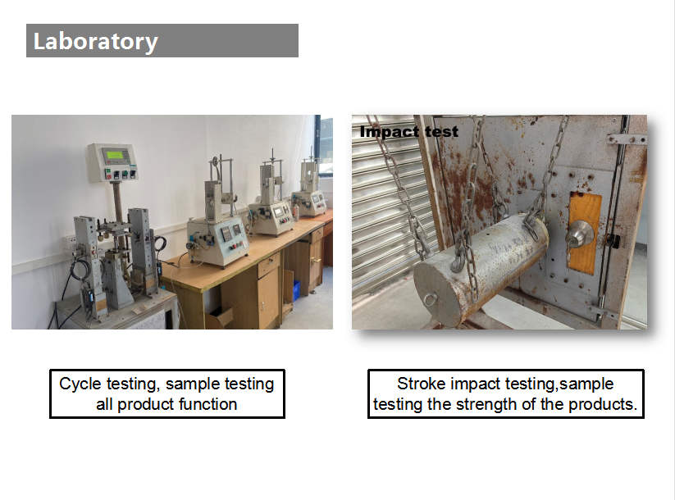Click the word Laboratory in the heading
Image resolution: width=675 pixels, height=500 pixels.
click(96, 42)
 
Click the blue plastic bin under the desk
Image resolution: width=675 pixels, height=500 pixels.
click(296, 291)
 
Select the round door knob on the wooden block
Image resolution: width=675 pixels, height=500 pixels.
click(579, 234)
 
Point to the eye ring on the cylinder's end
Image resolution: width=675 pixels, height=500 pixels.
click(429, 299)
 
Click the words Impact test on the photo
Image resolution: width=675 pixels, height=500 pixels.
click(408, 131)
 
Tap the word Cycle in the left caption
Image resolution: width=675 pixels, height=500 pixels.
click(80, 384)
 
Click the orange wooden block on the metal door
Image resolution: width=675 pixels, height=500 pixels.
click(585, 233)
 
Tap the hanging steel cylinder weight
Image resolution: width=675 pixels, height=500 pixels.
click(481, 269)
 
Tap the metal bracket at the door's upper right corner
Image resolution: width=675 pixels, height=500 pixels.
click(626, 139)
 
